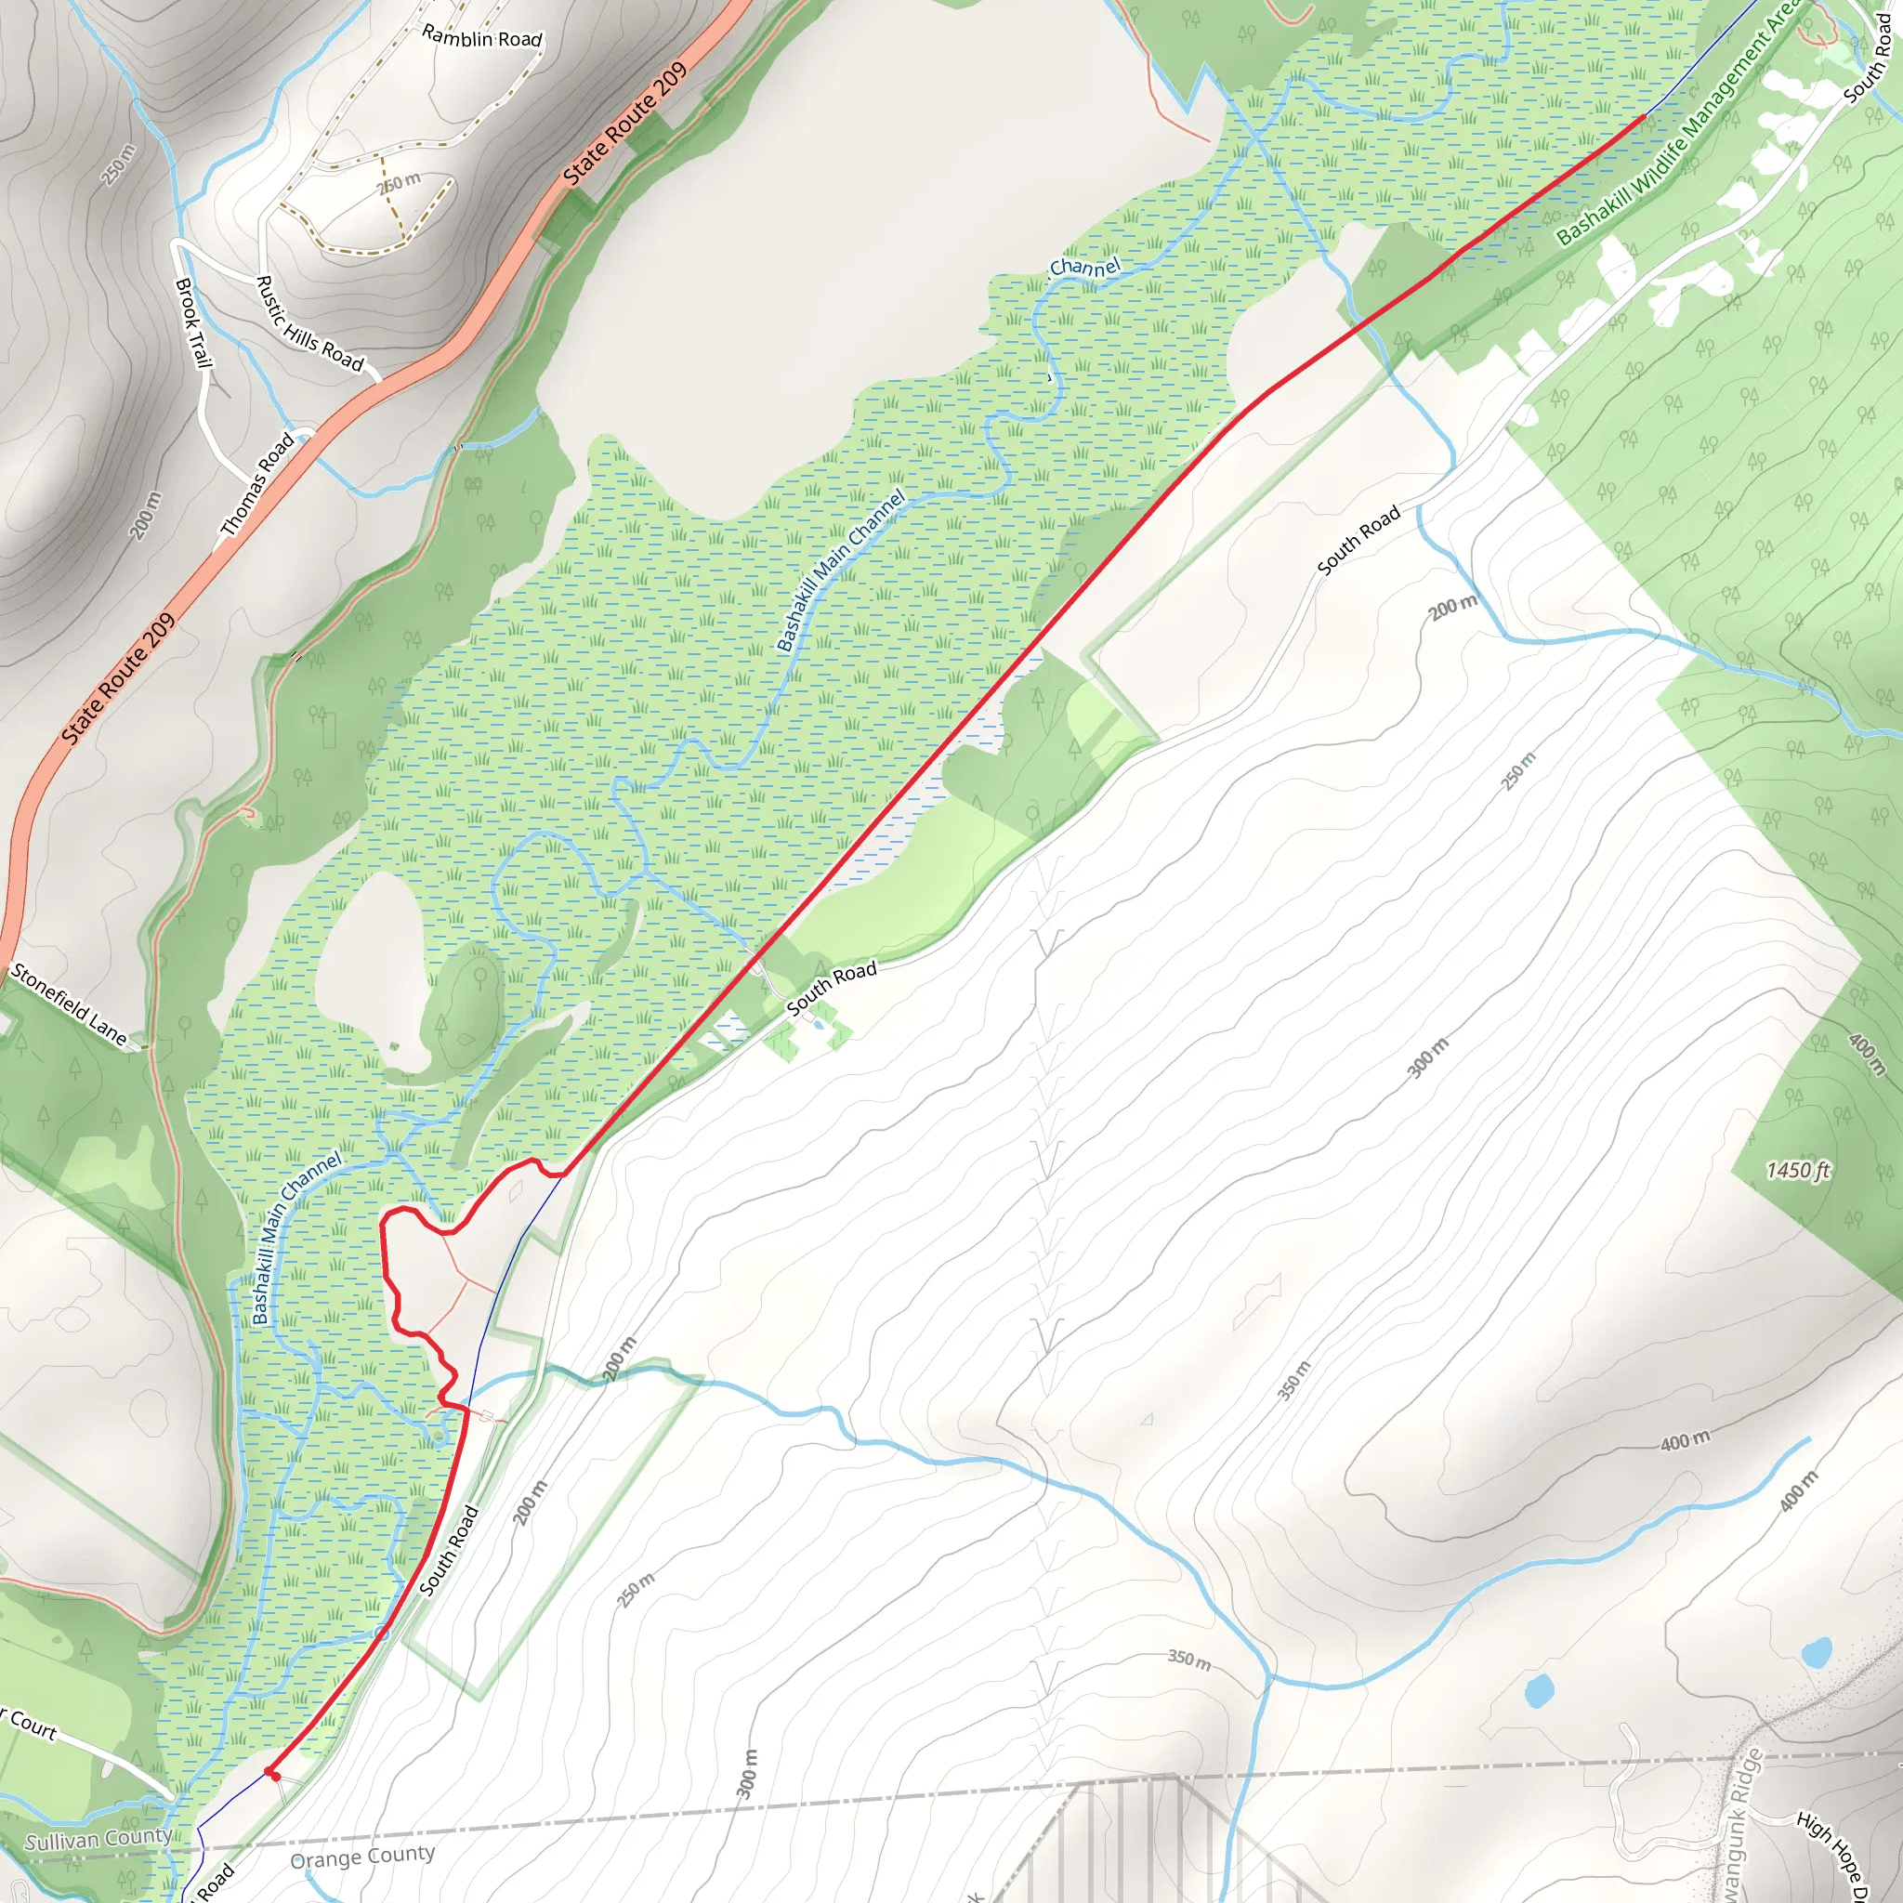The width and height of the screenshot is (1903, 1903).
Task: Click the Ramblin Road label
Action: (x=481, y=37)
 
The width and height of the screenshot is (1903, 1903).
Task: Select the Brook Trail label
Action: (x=193, y=322)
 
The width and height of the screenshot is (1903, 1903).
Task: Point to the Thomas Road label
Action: (x=257, y=485)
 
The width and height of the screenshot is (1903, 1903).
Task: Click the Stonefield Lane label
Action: (x=69, y=1004)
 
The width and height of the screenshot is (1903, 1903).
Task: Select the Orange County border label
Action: (x=362, y=1857)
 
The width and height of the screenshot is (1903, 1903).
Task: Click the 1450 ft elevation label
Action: (x=1797, y=1170)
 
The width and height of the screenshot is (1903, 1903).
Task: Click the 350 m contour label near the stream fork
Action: (x=1188, y=1660)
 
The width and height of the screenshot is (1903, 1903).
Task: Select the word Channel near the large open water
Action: (x=1084, y=267)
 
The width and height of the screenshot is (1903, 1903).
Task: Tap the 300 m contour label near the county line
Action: (x=749, y=1774)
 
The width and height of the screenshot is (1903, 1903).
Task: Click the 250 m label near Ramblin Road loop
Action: (x=400, y=182)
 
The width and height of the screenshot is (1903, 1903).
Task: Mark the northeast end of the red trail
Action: (x=1643, y=116)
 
